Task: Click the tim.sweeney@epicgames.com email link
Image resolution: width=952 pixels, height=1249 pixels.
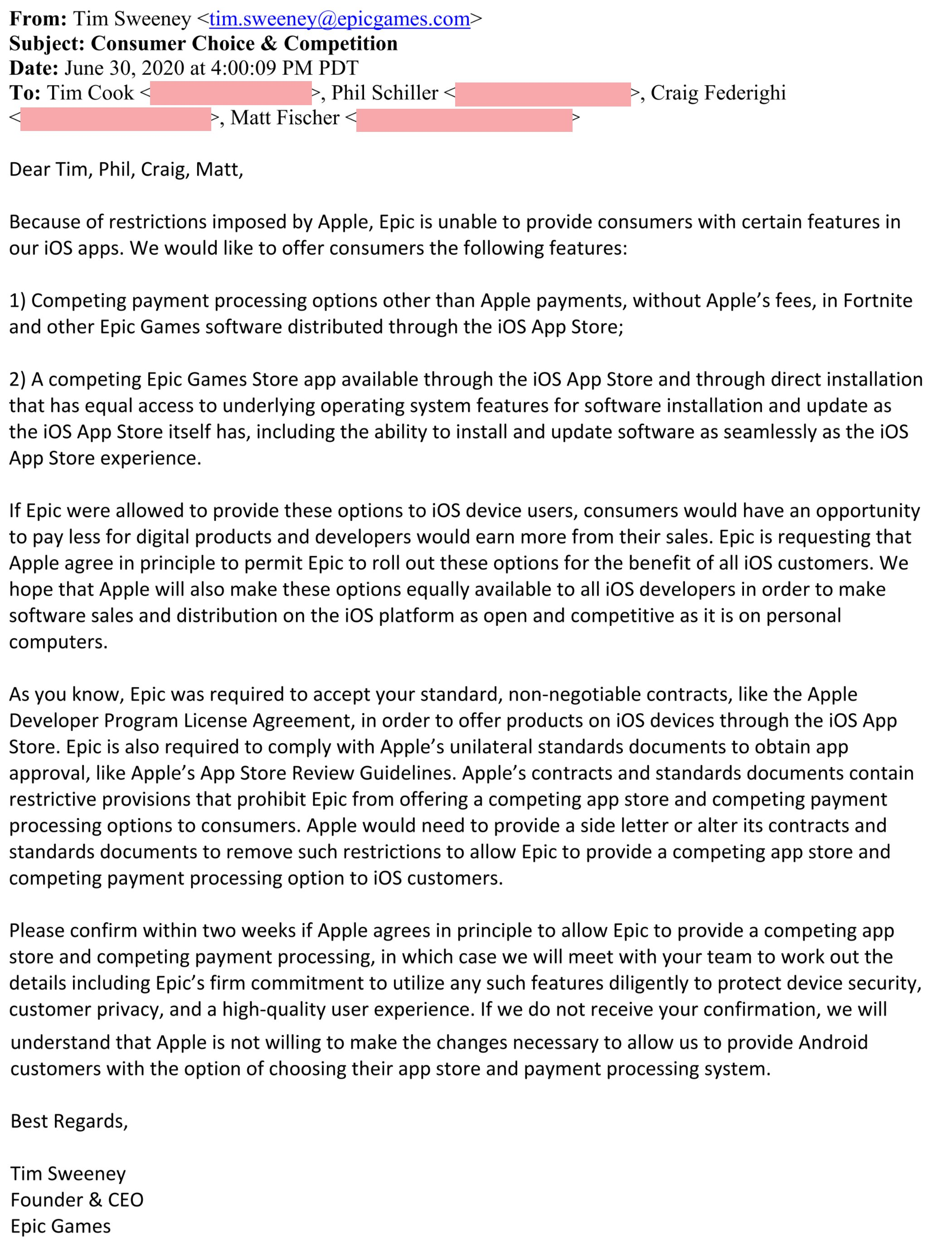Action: (340, 19)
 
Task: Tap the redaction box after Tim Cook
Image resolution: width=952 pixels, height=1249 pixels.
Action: (231, 93)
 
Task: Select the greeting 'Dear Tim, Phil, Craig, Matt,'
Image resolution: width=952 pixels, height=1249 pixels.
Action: (126, 169)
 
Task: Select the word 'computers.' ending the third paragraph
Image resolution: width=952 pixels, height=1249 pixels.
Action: (58, 641)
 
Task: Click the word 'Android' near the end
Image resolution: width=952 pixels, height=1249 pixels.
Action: (833, 1042)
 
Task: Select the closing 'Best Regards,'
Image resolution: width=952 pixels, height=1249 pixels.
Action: (69, 1121)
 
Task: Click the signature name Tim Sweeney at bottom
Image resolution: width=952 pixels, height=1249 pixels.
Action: (68, 1174)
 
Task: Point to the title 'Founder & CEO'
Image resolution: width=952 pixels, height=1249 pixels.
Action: (77, 1200)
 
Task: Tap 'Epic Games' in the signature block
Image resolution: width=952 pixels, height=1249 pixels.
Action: (61, 1226)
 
